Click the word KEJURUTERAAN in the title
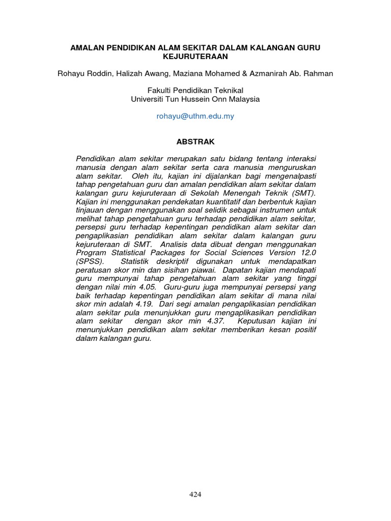pos(195,56)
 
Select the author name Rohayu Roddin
pos(80,74)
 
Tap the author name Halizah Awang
pos(131,74)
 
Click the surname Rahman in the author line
pos(319,74)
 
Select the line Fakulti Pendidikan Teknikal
pos(195,91)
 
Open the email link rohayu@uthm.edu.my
pos(195,116)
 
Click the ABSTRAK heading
pos(195,142)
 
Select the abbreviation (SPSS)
pos(90,260)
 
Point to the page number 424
pos(195,495)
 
